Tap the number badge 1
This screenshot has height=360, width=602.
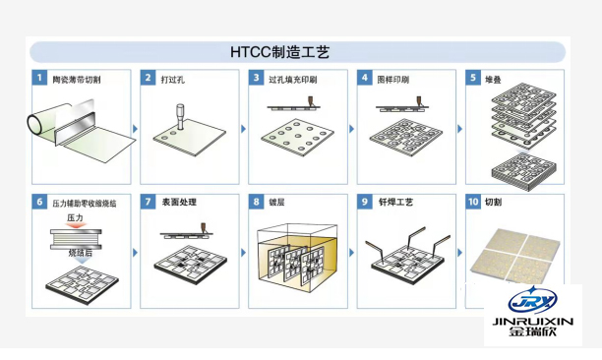[39, 77]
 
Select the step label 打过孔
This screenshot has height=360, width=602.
[173, 77]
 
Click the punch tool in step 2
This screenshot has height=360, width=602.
[180, 114]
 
